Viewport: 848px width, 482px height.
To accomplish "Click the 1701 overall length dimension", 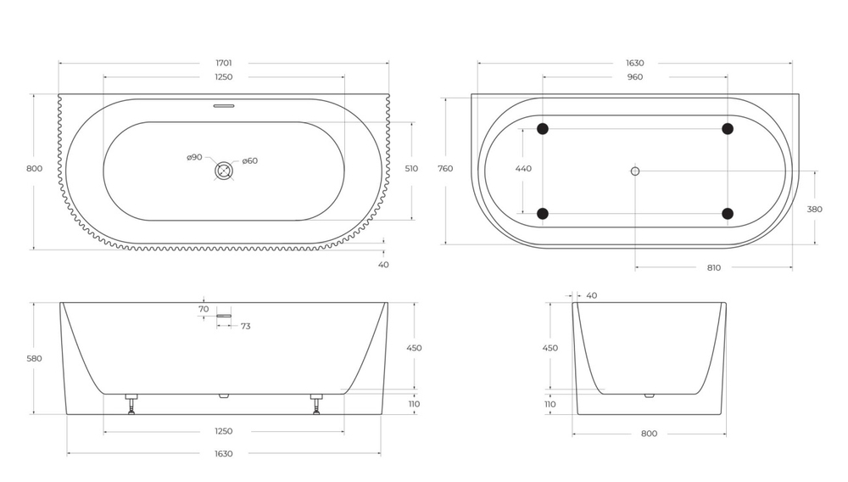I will [224, 63].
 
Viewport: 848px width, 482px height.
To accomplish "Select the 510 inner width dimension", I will [411, 169].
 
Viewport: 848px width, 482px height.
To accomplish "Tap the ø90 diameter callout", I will [194, 158].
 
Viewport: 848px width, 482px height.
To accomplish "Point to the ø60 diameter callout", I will [249, 161].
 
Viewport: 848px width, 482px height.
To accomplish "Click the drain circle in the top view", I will [224, 171].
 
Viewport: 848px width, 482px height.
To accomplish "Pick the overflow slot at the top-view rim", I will [224, 106].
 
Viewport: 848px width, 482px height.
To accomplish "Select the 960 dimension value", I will [634, 77].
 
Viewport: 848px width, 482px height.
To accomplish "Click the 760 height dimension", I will [445, 169].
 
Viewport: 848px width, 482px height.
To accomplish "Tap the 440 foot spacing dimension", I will [523, 169].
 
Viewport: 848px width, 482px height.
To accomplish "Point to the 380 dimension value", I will [816, 209].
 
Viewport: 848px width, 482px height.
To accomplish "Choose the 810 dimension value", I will [713, 268].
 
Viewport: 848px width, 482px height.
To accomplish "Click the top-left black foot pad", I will [543, 129].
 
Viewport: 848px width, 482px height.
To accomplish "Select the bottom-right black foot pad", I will [727, 213].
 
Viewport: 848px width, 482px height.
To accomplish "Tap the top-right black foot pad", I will [727, 129].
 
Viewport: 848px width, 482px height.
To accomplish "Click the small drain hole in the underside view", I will [634, 171].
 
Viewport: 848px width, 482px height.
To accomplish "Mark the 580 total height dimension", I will [34, 358].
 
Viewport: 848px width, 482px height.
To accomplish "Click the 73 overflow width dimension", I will [245, 326].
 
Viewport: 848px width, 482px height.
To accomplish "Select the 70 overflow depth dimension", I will [204, 310].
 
